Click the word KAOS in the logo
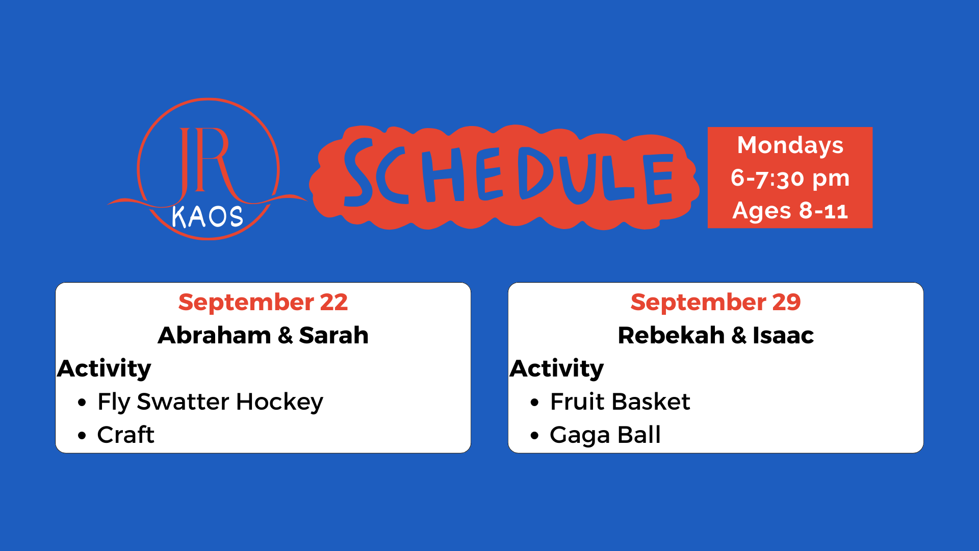[x=208, y=217]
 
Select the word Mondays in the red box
[x=790, y=145]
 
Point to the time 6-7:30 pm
[x=790, y=178]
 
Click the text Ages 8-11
[x=790, y=211]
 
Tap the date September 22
[x=263, y=302]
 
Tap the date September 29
[x=715, y=302]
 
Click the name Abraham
[x=214, y=335]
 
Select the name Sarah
[x=333, y=335]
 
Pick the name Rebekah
[x=671, y=335]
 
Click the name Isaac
[x=783, y=335]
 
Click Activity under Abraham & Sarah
[x=104, y=369]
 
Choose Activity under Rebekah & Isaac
[x=557, y=369]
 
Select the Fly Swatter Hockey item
[x=210, y=402]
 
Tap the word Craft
[x=125, y=435]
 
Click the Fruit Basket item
[x=620, y=402]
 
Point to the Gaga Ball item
[x=605, y=435]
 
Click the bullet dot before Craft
[x=82, y=436]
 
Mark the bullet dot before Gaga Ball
[x=534, y=436]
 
